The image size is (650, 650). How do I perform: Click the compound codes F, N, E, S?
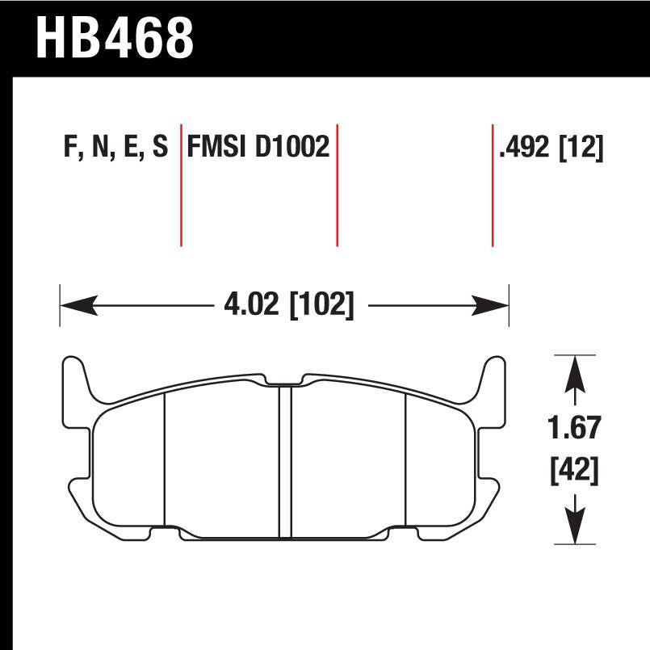click(x=114, y=149)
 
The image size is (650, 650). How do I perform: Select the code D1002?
click(x=293, y=149)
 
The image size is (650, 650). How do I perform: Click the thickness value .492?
click(x=526, y=149)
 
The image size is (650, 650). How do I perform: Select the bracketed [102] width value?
click(x=321, y=305)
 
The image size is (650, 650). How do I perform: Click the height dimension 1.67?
click(x=575, y=427)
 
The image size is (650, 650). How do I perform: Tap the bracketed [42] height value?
click(x=575, y=470)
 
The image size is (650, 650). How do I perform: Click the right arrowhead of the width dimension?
click(x=491, y=305)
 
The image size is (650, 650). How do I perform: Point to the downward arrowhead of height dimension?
click(x=574, y=526)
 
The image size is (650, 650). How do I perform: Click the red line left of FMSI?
click(x=181, y=186)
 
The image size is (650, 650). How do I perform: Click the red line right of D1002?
click(x=337, y=186)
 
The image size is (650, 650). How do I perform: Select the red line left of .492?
click(x=493, y=186)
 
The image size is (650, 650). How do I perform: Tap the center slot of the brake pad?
click(x=284, y=460)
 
